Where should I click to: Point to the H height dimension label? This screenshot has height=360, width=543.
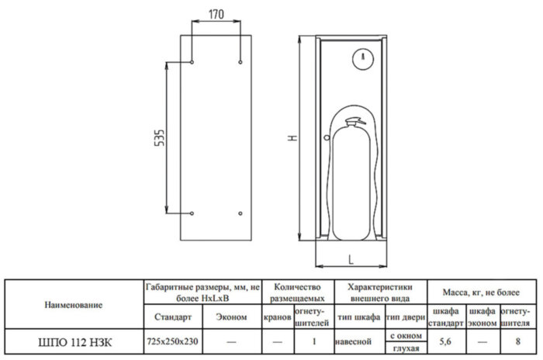click(289, 137)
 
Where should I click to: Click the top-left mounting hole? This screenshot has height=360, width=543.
click(191, 61)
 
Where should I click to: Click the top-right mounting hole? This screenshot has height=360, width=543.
click(241, 61)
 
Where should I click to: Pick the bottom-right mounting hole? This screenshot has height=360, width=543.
click(241, 213)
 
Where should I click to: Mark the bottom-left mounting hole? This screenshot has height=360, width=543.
click(191, 213)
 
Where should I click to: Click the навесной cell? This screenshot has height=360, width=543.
click(358, 341)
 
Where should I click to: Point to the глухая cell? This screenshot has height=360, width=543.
click(404, 348)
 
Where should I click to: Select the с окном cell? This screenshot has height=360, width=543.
click(404, 335)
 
